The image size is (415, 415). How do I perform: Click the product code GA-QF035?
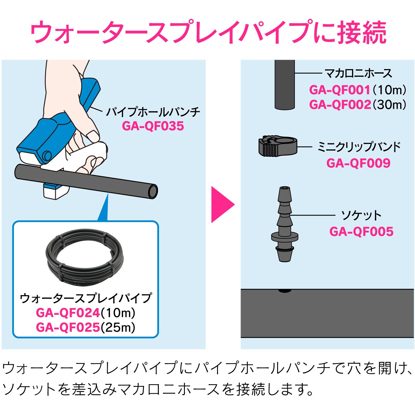(153, 126)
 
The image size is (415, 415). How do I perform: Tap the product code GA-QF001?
(340, 90)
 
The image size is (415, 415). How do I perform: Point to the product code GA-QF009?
(358, 163)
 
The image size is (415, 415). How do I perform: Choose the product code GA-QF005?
(361, 232)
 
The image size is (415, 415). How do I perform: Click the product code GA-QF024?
(68, 313)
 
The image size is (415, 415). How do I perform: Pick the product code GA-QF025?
(68, 327)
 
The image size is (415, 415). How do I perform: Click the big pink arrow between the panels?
(222, 205)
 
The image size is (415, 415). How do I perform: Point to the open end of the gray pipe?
(153, 192)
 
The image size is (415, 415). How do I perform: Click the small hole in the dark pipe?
(284, 290)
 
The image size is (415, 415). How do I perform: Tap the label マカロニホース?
(358, 73)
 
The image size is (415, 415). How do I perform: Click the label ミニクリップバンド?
(359, 147)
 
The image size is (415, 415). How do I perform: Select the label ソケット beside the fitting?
(361, 216)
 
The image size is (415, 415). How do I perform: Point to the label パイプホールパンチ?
(153, 112)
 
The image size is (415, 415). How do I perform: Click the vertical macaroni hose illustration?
(284, 84)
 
